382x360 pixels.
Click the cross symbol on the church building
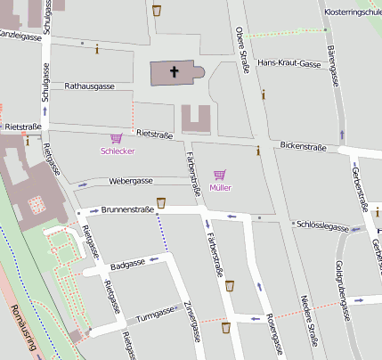(175, 72)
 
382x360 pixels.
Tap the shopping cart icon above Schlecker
(116, 138)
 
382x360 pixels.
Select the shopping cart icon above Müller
(220, 175)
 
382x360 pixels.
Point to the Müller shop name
(220, 187)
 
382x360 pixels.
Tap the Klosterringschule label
(354, 12)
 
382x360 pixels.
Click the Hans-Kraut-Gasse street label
(288, 64)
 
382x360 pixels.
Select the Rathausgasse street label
(90, 86)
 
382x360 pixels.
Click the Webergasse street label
(131, 180)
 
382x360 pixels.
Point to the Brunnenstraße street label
(128, 210)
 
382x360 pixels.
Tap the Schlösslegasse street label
(321, 227)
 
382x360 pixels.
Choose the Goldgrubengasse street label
(339, 278)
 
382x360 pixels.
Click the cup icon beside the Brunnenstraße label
(161, 203)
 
